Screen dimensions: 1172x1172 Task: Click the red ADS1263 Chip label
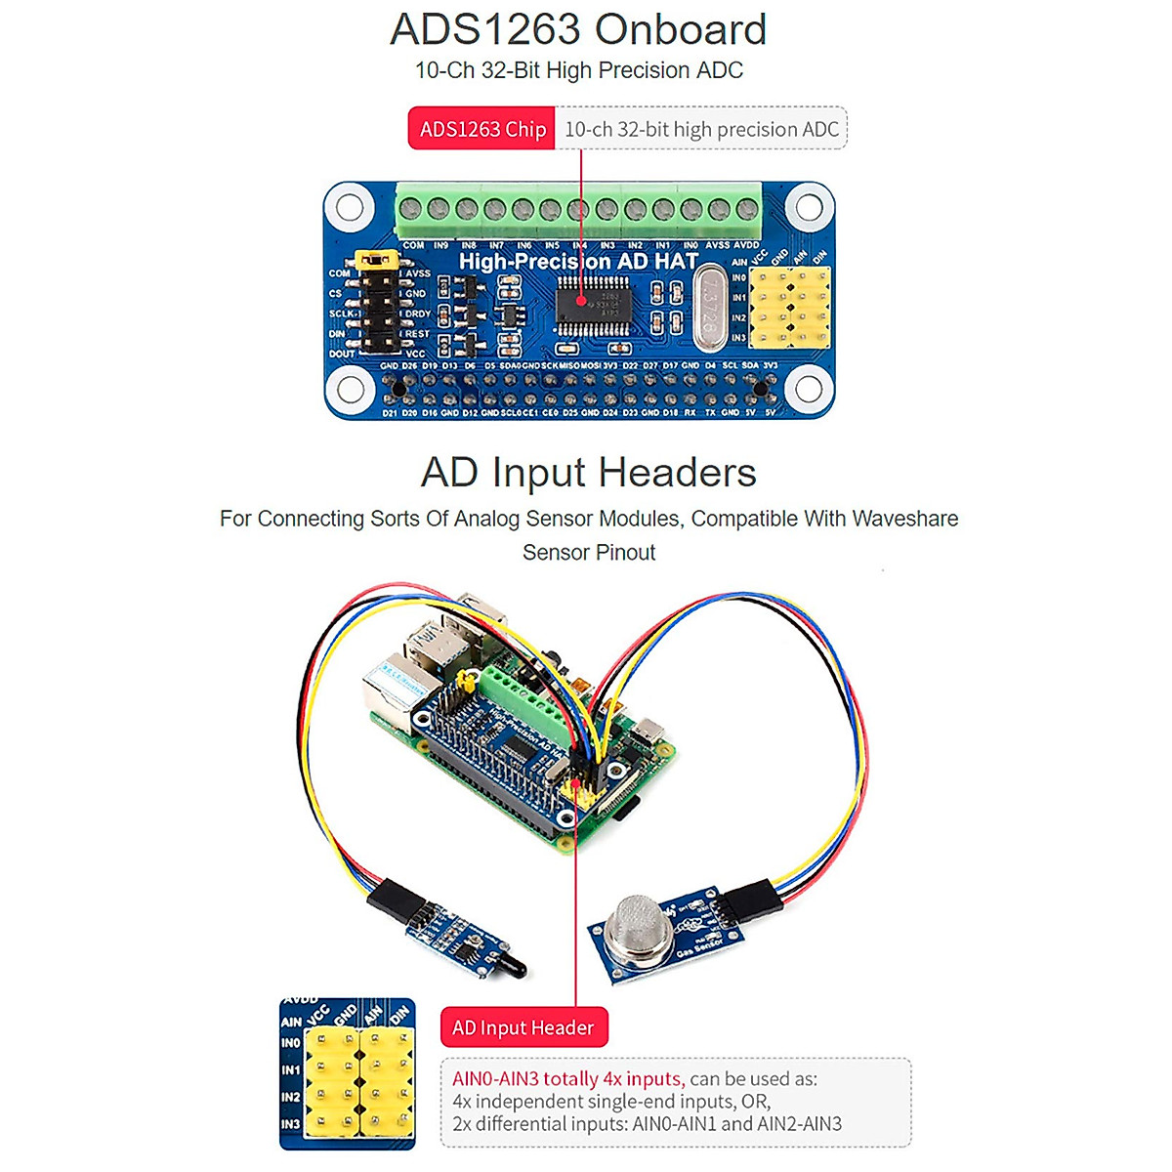(481, 129)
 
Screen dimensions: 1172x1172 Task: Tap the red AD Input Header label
(523, 1027)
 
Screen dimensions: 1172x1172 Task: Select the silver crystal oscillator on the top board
(712, 306)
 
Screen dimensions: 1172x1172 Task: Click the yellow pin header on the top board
(789, 308)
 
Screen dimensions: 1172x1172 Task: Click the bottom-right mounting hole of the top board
(809, 389)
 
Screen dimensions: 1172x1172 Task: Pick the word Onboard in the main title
(681, 29)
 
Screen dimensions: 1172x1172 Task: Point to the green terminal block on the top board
(578, 209)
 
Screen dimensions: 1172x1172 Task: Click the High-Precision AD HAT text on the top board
(578, 262)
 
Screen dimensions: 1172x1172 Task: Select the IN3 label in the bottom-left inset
(290, 1124)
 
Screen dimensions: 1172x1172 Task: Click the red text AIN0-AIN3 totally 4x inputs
(566, 1079)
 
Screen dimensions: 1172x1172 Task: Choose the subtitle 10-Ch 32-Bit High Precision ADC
(578, 70)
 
